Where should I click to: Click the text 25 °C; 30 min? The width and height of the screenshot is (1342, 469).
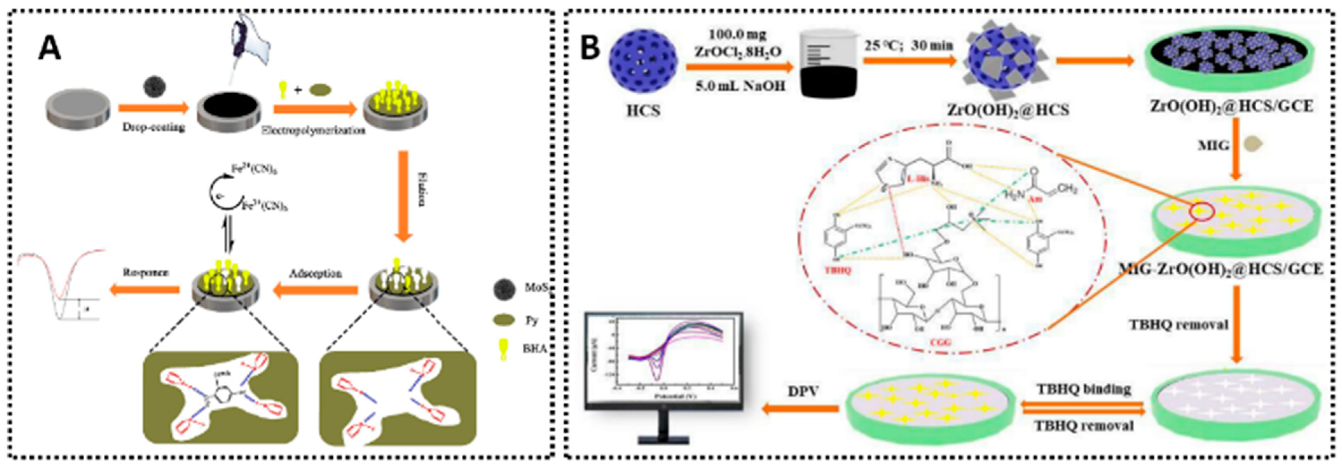pyautogui.click(x=909, y=46)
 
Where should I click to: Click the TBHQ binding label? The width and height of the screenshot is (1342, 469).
pyautogui.click(x=1084, y=389)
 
